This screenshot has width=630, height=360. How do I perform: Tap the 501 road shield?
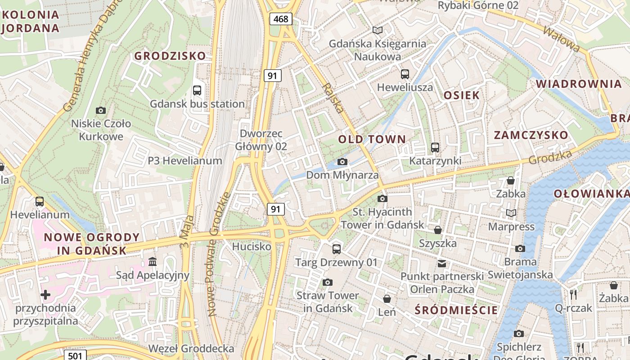(x=75, y=355)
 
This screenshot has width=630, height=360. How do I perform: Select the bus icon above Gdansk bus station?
(x=197, y=90)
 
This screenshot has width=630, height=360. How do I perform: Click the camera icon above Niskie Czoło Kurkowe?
(x=101, y=110)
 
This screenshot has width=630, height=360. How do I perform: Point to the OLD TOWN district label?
(x=372, y=139)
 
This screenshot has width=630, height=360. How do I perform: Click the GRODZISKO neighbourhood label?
(x=170, y=56)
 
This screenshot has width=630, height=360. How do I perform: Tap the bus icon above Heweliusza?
(x=405, y=74)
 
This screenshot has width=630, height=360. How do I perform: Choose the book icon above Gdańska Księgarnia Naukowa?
(x=378, y=30)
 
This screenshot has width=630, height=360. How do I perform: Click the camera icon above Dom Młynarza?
(x=342, y=162)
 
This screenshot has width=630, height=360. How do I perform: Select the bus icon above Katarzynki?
(x=435, y=147)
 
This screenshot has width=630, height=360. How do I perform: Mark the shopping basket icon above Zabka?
(x=511, y=180)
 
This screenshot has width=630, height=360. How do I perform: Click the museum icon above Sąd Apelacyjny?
(x=153, y=261)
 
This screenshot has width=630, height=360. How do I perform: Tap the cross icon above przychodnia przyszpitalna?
(x=45, y=295)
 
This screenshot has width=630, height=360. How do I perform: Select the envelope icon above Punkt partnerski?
(x=442, y=263)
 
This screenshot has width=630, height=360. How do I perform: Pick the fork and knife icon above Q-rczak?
(x=573, y=295)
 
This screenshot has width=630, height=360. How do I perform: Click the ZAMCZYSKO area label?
(x=531, y=135)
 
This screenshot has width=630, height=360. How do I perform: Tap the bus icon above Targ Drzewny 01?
(x=337, y=249)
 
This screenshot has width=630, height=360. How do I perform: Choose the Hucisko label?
(x=252, y=247)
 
